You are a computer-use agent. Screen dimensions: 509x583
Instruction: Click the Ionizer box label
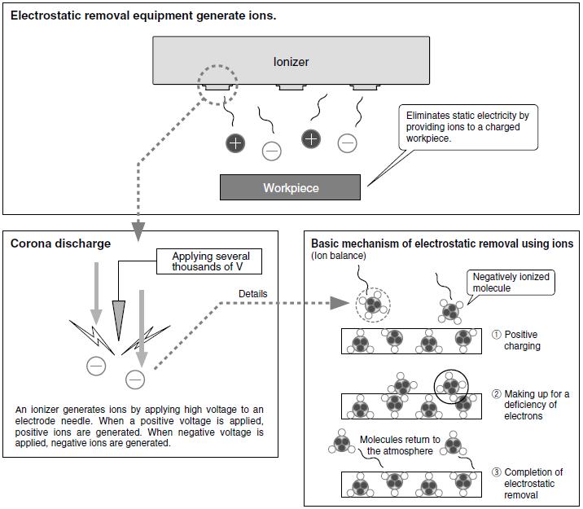point(291,62)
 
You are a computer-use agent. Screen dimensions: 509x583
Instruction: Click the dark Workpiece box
point(290,187)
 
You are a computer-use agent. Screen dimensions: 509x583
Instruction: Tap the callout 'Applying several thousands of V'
point(210,262)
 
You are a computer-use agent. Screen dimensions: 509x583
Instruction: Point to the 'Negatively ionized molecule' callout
point(511,283)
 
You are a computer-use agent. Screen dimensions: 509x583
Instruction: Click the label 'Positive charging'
point(521,340)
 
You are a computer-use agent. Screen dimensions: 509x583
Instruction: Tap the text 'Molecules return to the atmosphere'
point(400,445)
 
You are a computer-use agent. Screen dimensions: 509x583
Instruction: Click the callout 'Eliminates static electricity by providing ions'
point(467,128)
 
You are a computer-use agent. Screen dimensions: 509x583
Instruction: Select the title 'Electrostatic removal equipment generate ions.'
point(143,15)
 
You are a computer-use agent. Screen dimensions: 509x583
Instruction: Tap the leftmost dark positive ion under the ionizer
point(235,143)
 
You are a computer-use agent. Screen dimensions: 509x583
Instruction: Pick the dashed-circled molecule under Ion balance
point(373,306)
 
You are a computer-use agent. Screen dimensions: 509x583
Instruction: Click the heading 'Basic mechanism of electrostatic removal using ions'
point(441,244)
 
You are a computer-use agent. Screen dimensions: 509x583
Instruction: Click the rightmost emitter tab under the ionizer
point(362,86)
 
